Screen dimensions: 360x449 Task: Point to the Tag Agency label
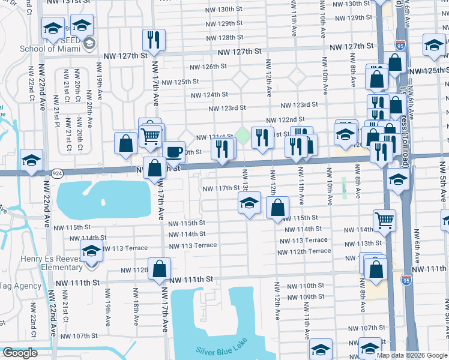pos(20,286)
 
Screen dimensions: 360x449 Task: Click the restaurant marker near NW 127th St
pos(154,40)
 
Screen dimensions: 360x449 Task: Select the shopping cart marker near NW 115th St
pos(384,220)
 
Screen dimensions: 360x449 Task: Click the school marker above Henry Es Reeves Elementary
pos(91,251)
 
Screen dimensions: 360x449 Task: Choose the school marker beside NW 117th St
pos(249,203)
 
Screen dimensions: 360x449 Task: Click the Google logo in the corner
pos(20,353)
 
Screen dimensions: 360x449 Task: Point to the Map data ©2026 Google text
pos(411,355)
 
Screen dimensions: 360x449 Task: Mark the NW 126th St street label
pos(206,67)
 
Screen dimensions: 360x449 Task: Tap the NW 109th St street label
pos(313,296)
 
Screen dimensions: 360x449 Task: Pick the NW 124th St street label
pos(209,95)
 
